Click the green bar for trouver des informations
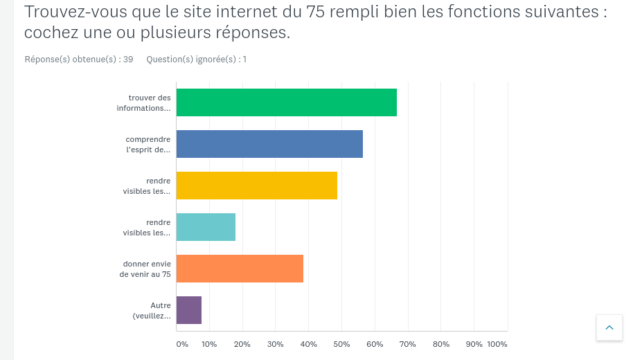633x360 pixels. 287,102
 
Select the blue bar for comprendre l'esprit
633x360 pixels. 269,144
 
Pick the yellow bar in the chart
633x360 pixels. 257,186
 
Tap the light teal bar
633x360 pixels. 206,227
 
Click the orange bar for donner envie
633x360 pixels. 240,269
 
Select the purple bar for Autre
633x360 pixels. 189,310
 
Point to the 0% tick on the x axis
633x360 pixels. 181,344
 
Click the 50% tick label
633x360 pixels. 341,344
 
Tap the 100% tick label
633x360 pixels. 497,344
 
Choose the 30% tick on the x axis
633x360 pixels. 275,344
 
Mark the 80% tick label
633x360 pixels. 441,344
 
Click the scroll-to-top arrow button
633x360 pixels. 609,327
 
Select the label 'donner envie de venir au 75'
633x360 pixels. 145,269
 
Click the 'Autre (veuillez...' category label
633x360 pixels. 152,311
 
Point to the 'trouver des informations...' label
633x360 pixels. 144,103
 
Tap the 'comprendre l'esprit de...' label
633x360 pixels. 148,145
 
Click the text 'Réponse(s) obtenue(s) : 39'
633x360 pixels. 79,60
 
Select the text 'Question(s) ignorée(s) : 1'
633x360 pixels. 196,60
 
